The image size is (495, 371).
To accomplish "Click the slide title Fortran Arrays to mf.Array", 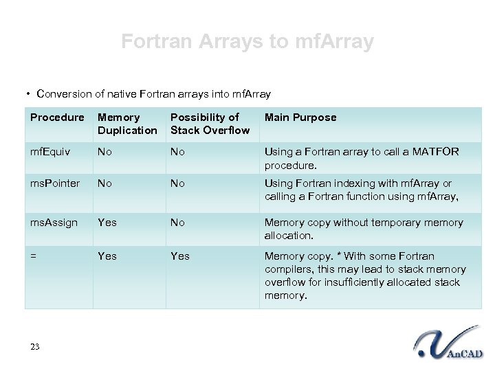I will tap(247, 42).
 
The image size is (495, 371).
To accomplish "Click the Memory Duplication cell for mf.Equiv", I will tap(105, 150).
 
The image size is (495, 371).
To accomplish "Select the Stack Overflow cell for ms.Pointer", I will tap(178, 184).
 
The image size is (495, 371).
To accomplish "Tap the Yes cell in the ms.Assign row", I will tap(107, 223).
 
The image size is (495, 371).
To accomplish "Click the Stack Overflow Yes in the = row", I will tap(180, 256).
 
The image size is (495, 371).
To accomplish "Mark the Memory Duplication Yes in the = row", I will tap(107, 256).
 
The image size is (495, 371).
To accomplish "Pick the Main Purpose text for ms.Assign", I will tap(364, 229).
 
